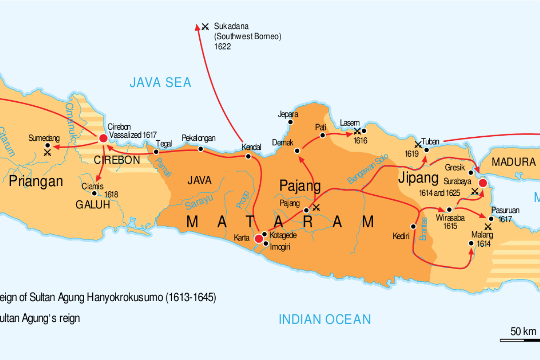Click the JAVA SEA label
coord(161,82)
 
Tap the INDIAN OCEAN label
coord(325,319)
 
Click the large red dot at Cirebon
coord(103,138)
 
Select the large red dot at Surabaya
coord(483,183)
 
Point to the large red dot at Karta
coord(259,238)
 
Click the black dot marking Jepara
coord(291,122)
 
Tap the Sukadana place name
coord(231,26)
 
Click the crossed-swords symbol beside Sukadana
coord(205,27)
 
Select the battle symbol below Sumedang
coord(47,153)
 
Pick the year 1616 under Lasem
coord(360,141)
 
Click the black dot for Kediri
coord(413,226)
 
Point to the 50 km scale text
coord(523,332)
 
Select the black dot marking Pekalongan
coord(200,149)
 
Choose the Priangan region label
coord(36,181)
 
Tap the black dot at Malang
coord(471,243)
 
